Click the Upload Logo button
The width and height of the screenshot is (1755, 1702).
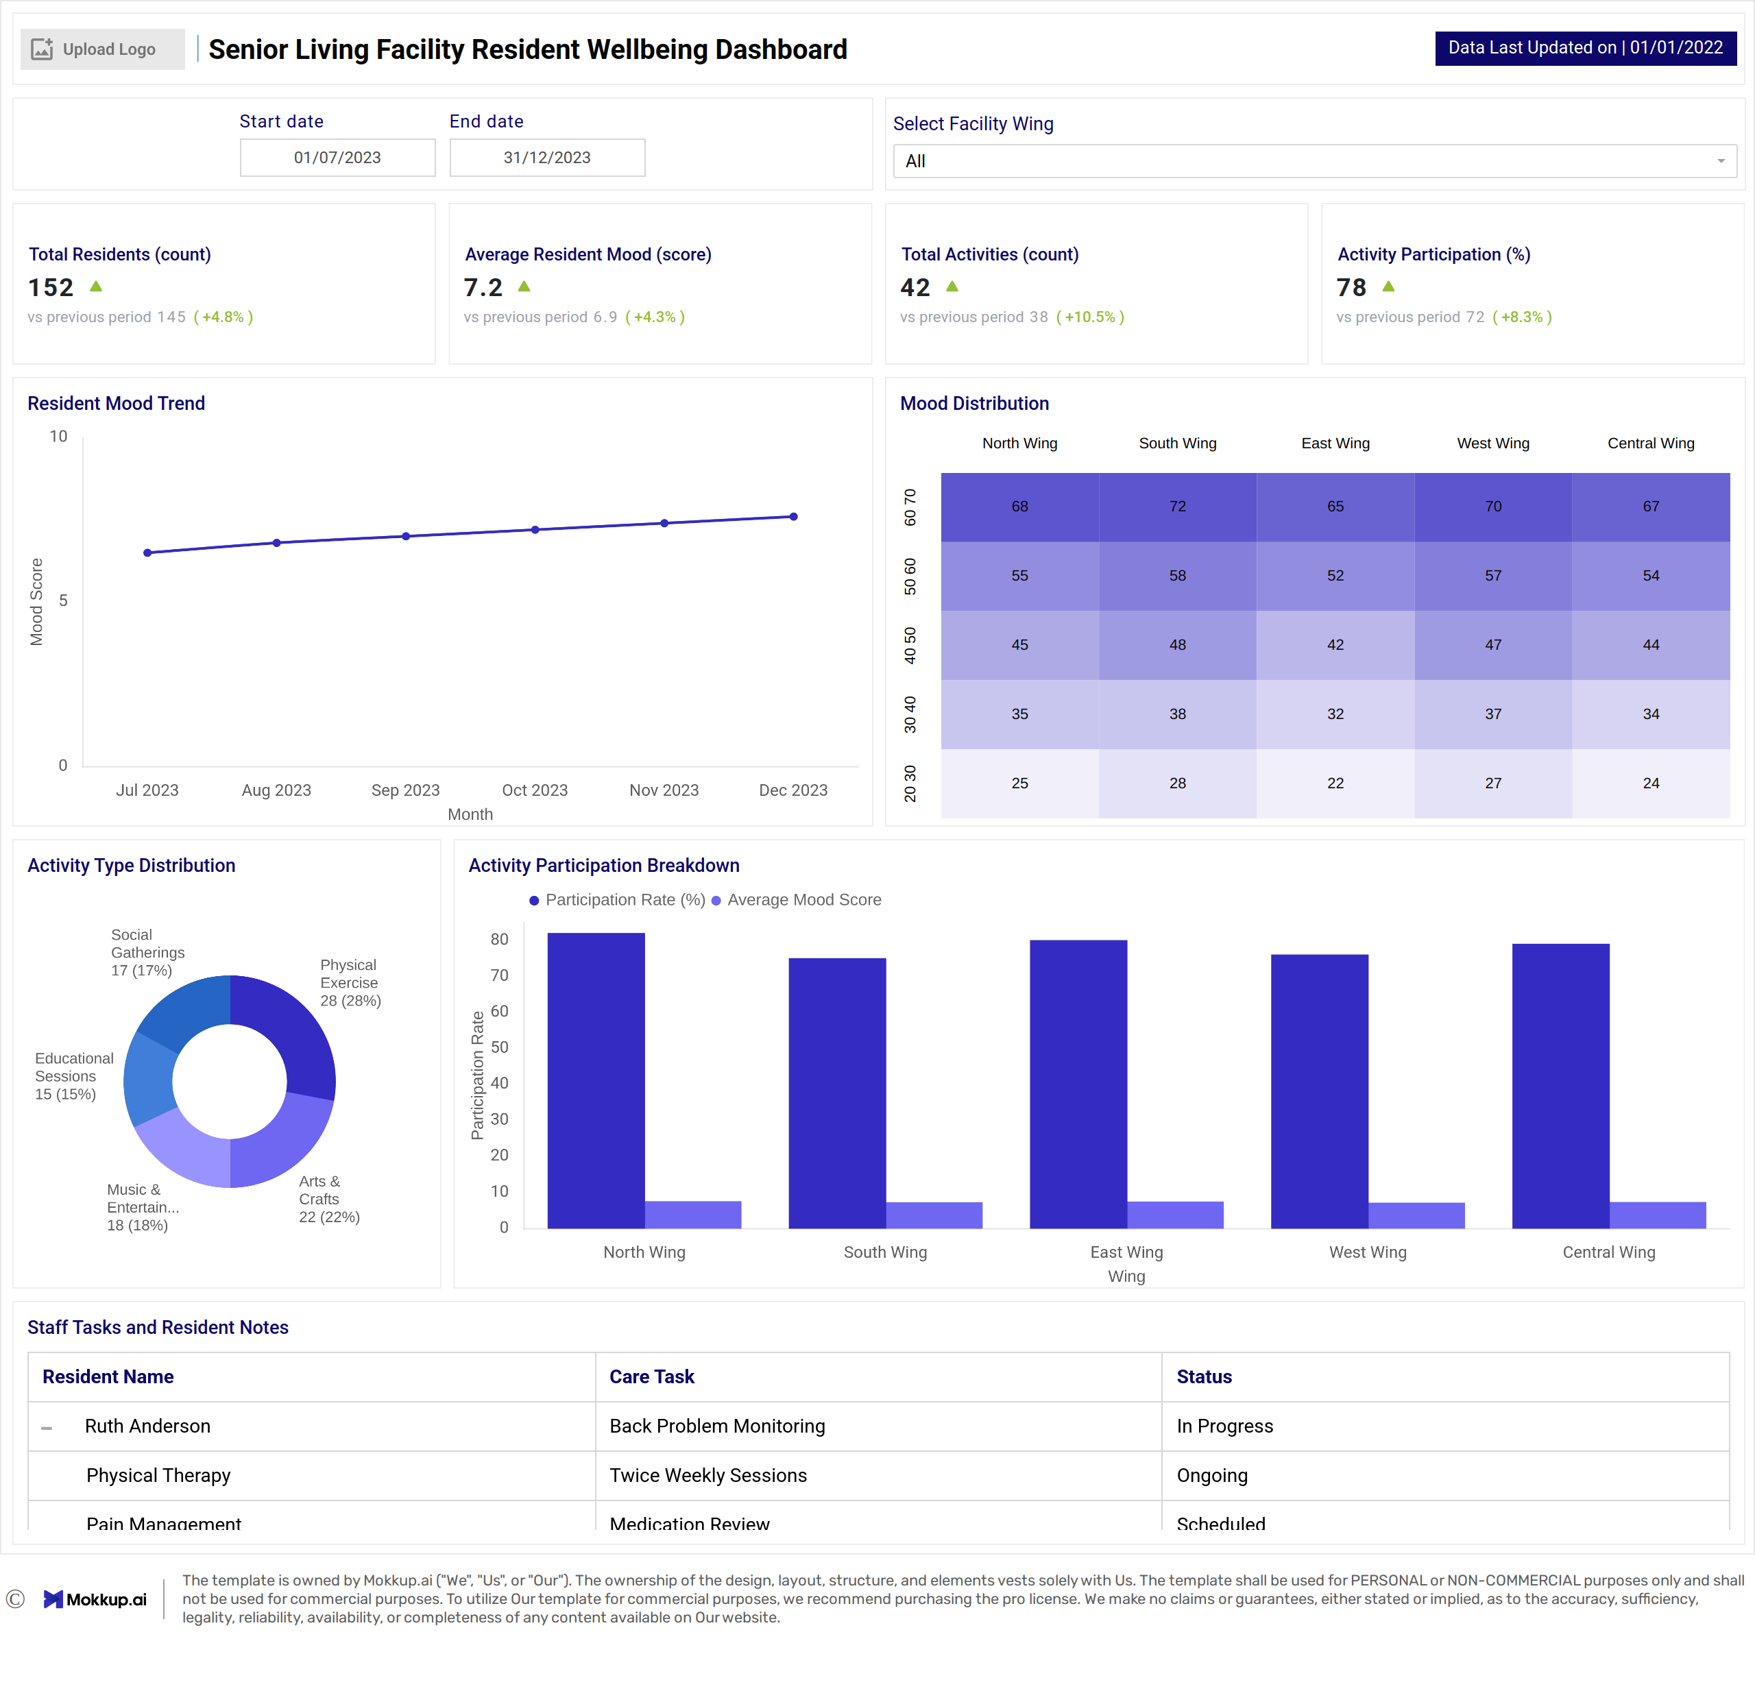point(102,49)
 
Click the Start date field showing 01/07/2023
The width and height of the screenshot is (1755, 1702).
point(337,158)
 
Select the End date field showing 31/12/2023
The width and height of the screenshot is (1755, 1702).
point(546,158)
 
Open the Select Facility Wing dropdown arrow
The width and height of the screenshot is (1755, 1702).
point(1720,161)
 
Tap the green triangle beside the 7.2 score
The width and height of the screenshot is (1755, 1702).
point(524,287)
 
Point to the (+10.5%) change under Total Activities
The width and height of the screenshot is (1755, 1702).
point(1090,317)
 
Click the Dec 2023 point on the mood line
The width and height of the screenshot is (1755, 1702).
point(793,517)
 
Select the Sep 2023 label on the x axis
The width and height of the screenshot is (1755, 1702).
point(406,790)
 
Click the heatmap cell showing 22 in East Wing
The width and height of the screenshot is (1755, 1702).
point(1334,783)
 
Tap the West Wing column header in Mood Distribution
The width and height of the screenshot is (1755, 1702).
point(1492,443)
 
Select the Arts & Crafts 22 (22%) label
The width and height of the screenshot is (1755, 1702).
point(328,1199)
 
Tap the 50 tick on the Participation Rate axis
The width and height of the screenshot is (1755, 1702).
point(499,1047)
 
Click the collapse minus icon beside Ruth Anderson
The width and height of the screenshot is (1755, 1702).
point(47,1427)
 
